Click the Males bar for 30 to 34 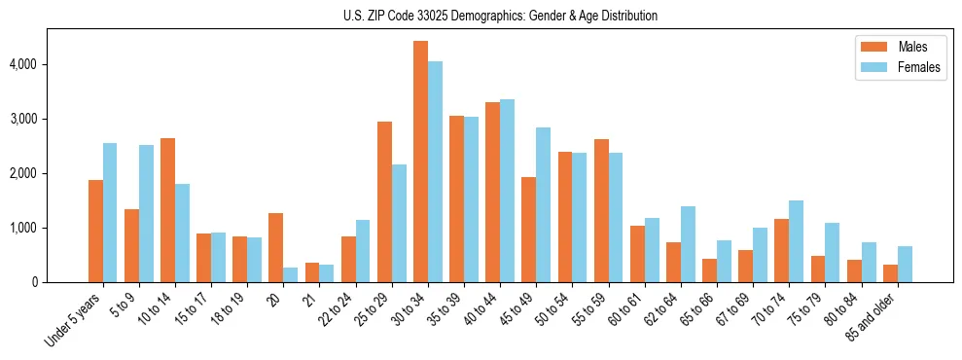420,162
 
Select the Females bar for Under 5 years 110,212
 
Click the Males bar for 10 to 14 168,210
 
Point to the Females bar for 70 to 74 796,241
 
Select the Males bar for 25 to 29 384,201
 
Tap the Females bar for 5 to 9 146,213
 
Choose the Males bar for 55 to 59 601,210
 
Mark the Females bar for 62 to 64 688,244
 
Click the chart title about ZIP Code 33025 500,16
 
